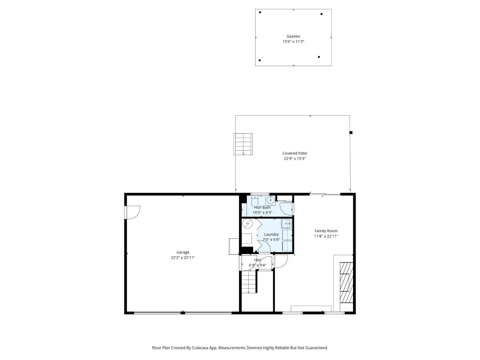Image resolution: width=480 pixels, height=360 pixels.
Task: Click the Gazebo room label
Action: click(293, 36)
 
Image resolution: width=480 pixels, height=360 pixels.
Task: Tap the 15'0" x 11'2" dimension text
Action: click(293, 42)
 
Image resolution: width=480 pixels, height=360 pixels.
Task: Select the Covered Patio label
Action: click(295, 153)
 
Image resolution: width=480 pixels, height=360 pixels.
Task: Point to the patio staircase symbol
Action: click(243, 144)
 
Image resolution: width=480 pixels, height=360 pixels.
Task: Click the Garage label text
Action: click(183, 252)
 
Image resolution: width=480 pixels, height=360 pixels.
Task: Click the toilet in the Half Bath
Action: click(255, 200)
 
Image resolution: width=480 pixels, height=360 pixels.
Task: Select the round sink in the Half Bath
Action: click(271, 200)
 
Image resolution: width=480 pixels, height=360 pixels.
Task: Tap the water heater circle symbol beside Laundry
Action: click(248, 224)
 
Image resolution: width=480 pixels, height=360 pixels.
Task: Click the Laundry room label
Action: click(271, 234)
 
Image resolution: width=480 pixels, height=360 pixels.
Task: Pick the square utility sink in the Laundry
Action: click(286, 224)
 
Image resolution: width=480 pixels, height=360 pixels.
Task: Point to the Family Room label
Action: click(326, 231)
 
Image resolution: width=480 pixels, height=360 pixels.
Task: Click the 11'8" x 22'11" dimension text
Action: click(326, 236)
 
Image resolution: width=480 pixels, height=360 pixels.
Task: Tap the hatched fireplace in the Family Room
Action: click(346, 283)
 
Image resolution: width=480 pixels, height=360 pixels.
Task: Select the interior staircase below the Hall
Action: click(249, 282)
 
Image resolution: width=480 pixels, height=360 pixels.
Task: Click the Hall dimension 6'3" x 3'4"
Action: click(257, 265)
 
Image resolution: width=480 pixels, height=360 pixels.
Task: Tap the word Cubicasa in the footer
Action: click(200, 348)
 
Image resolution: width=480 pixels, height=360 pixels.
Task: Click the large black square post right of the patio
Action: click(351, 132)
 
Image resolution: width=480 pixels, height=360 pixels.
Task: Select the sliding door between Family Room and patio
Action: click(325, 194)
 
